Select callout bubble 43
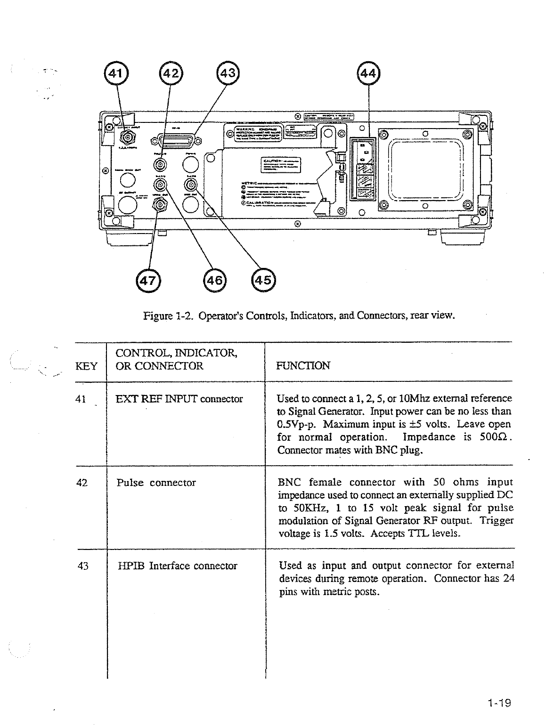tap(228, 74)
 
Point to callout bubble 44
tap(368, 74)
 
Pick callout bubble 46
tap(214, 280)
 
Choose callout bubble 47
tap(147, 280)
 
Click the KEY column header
tap(86, 366)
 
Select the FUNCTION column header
tap(303, 366)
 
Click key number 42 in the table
tap(82, 483)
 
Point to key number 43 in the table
tap(82, 566)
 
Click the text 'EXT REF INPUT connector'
tap(179, 399)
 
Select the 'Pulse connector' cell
tap(156, 483)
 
